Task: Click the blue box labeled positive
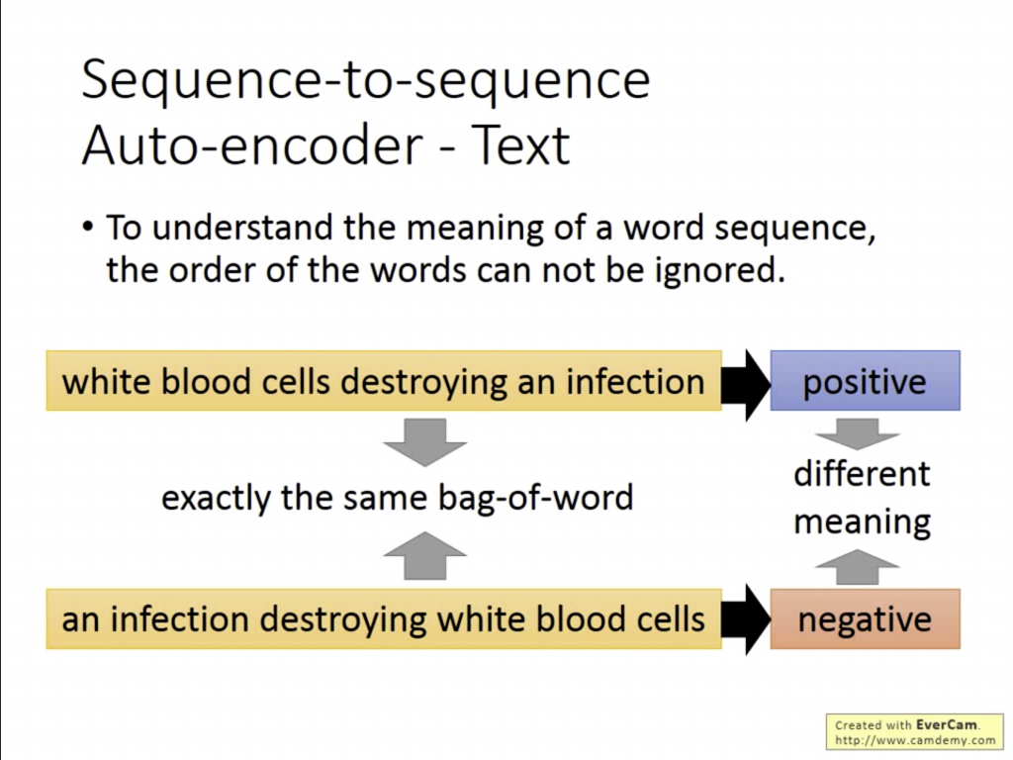[x=865, y=381]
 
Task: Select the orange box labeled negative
[x=865, y=619]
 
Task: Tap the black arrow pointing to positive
[x=746, y=385]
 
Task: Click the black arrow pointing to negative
[x=746, y=619]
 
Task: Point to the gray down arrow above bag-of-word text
[x=424, y=442]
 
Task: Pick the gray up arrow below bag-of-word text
[x=424, y=555]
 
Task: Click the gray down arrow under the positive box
[x=857, y=434]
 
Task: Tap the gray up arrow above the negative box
[x=857, y=567]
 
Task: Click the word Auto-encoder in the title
[x=252, y=144]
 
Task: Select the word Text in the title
[x=520, y=144]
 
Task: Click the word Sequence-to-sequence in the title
[x=366, y=81]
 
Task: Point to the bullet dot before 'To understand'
[x=88, y=229]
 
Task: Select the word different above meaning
[x=862, y=474]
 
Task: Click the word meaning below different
[x=862, y=522]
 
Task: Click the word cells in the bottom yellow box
[x=671, y=619]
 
